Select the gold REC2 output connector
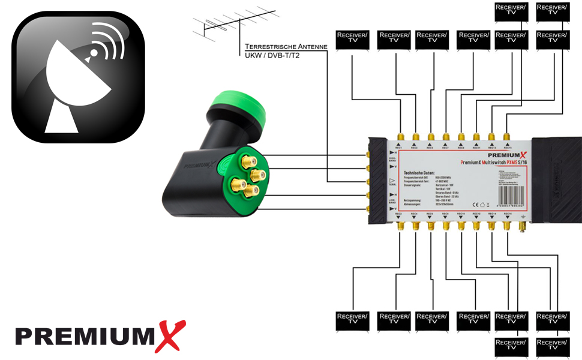click(x=400, y=226)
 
